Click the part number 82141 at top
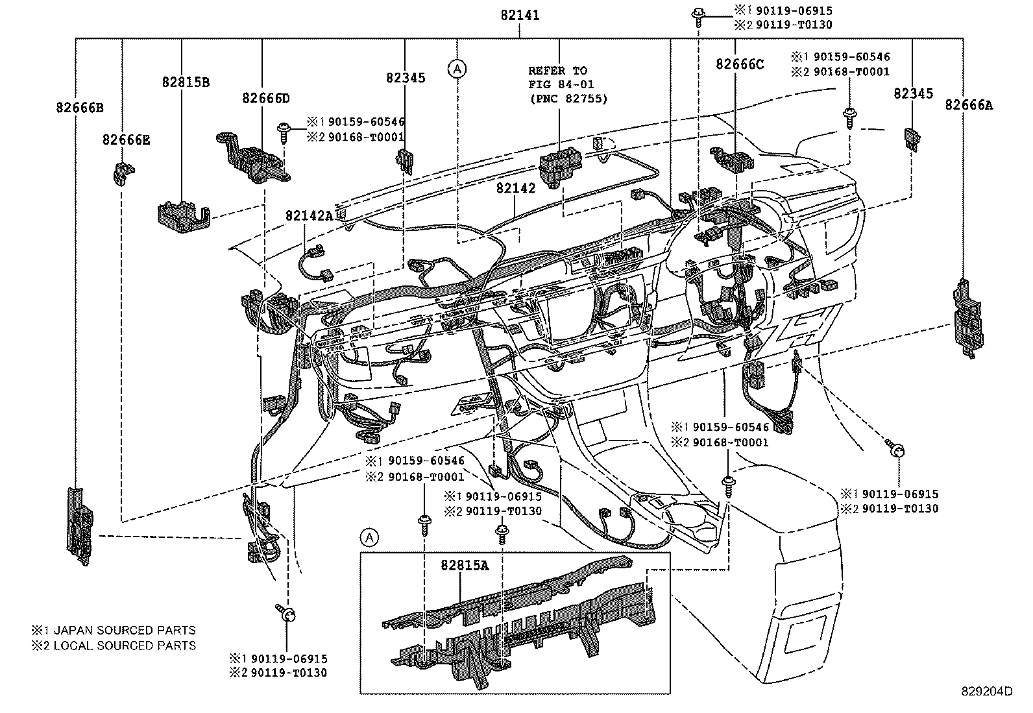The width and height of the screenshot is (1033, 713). (x=520, y=16)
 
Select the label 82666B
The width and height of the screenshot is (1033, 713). (x=79, y=108)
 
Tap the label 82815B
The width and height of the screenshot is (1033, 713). (x=186, y=82)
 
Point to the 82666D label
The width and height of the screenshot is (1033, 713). (x=266, y=98)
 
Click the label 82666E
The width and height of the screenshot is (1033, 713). (x=126, y=139)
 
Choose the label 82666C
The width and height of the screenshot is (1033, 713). (x=740, y=64)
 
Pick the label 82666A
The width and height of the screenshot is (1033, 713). (x=968, y=105)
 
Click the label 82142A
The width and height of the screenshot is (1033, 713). (x=309, y=215)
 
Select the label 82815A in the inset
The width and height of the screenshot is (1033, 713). (x=465, y=565)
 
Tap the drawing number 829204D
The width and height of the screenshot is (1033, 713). (x=986, y=692)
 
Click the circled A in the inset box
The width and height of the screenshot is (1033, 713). (x=369, y=537)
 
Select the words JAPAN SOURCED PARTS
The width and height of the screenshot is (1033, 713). (x=125, y=630)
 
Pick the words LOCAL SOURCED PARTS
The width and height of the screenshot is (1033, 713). (x=125, y=646)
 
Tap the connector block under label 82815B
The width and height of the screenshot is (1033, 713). (x=183, y=215)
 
